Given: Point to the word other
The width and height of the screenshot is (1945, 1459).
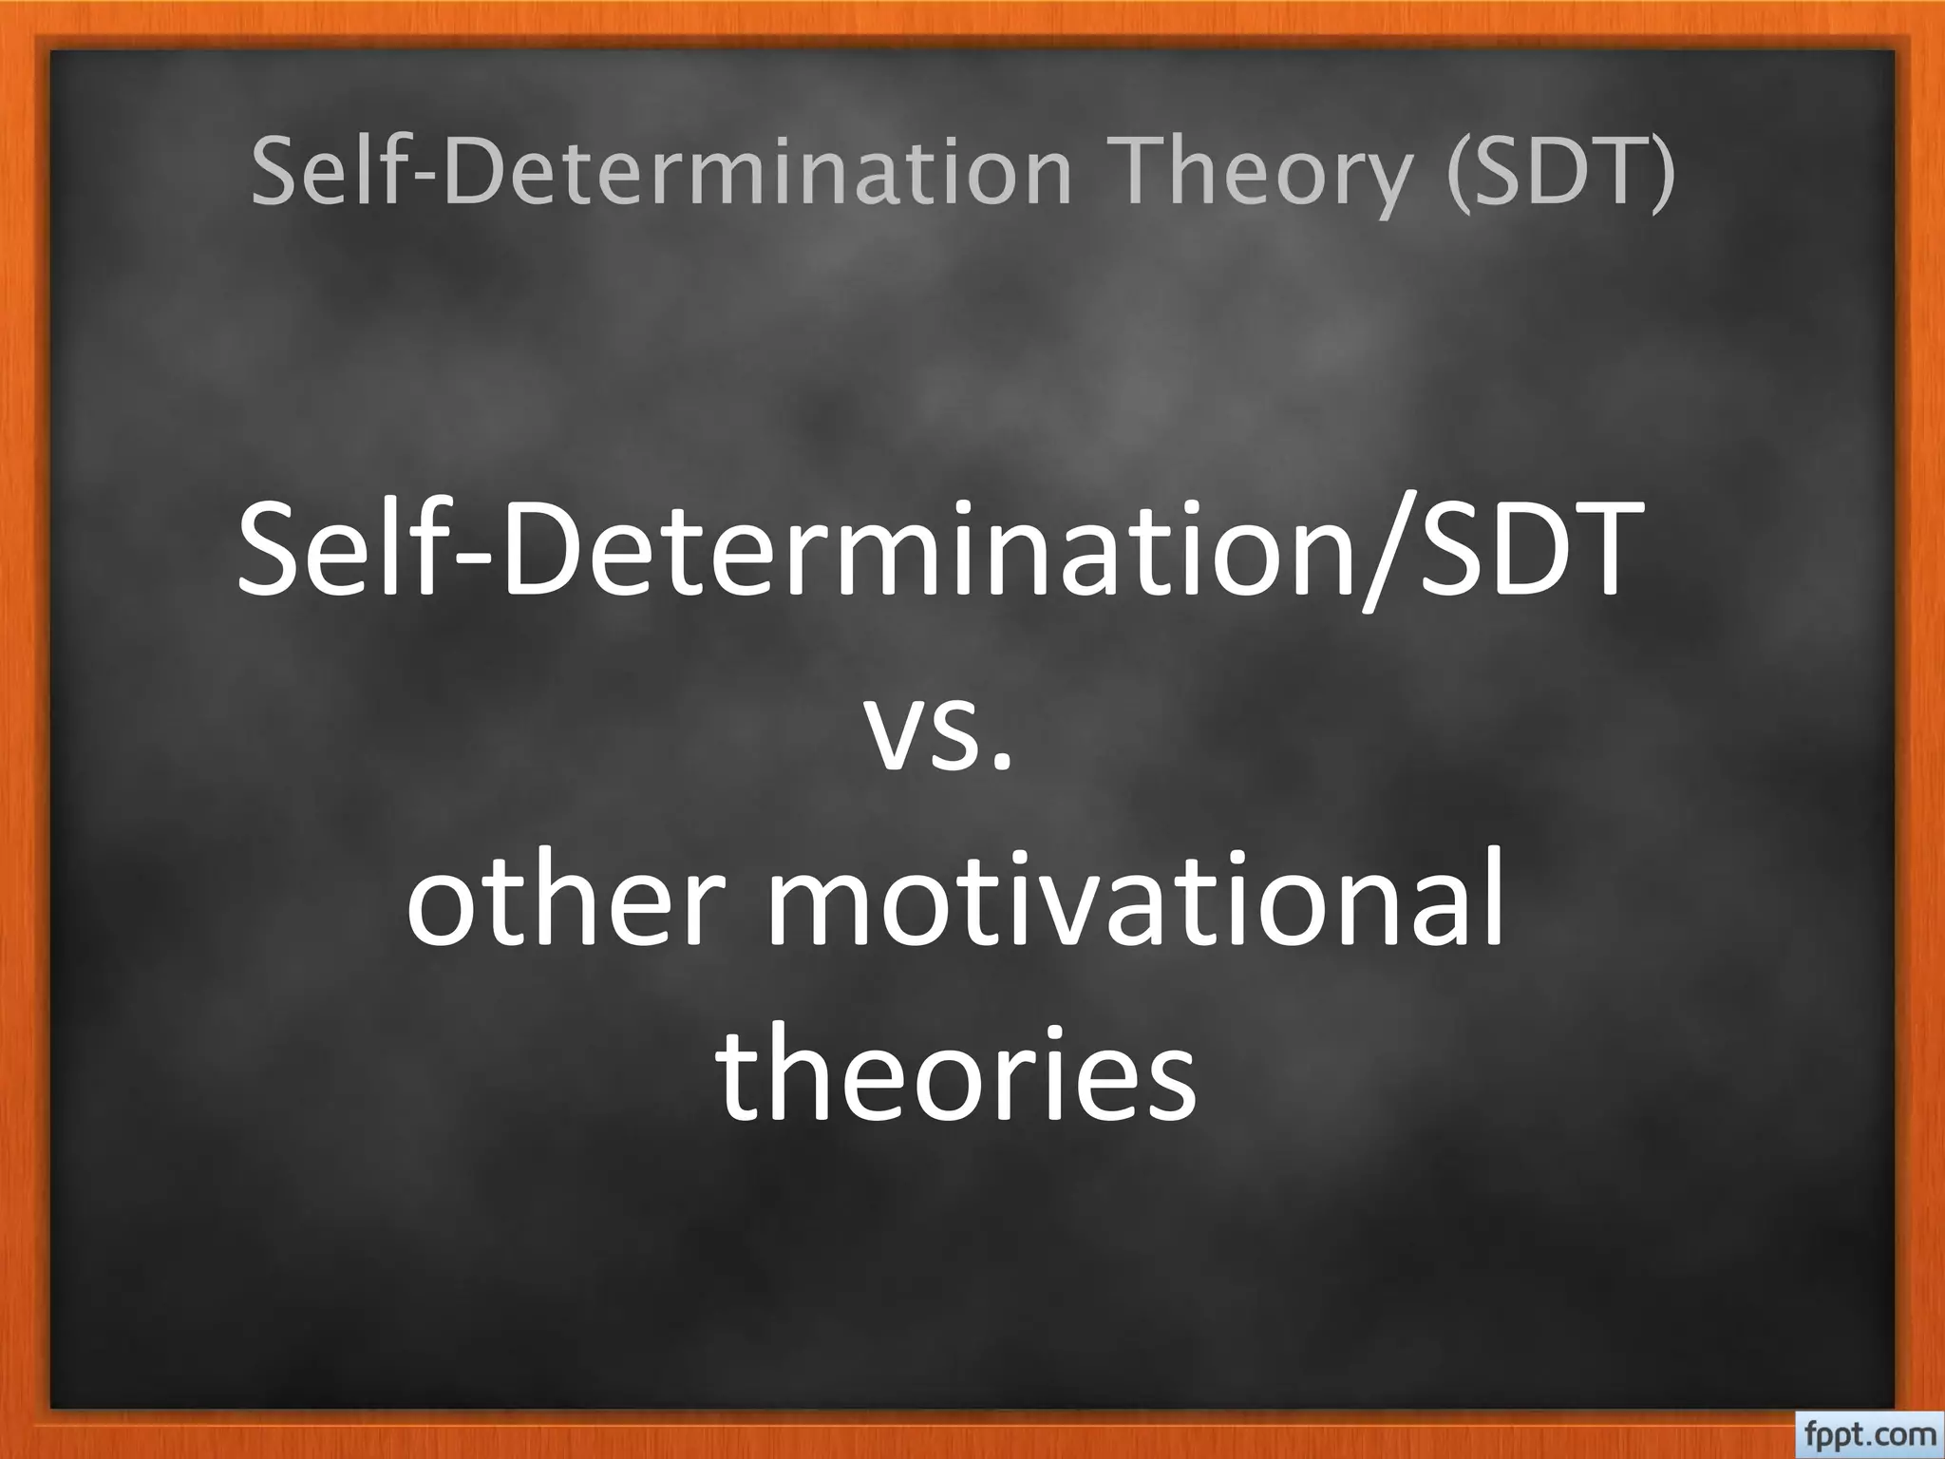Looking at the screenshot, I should coord(559,898).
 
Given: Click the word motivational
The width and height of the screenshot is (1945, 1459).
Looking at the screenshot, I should coord(1135,898).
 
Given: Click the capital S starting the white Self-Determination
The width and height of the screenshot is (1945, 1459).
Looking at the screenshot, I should coord(272,551).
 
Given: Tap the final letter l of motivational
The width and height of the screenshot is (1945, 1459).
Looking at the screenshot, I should coord(1492,888).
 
